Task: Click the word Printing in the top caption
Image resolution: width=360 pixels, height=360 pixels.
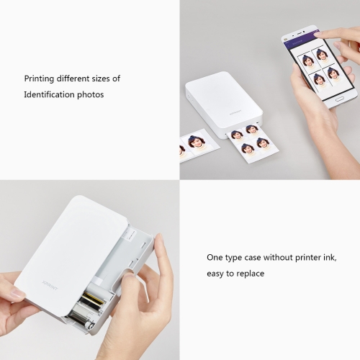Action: pos(39,78)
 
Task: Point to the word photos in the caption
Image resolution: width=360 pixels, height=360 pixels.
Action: pos(91,94)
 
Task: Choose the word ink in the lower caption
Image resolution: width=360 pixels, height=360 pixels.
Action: pos(331,258)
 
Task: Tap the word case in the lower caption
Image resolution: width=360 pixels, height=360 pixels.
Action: pos(253,258)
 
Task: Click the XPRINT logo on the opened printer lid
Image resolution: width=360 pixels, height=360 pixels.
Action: pos(50,285)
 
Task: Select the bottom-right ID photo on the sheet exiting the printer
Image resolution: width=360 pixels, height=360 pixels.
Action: pos(264,145)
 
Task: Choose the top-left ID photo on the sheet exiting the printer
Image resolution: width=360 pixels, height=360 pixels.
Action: pos(238,136)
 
